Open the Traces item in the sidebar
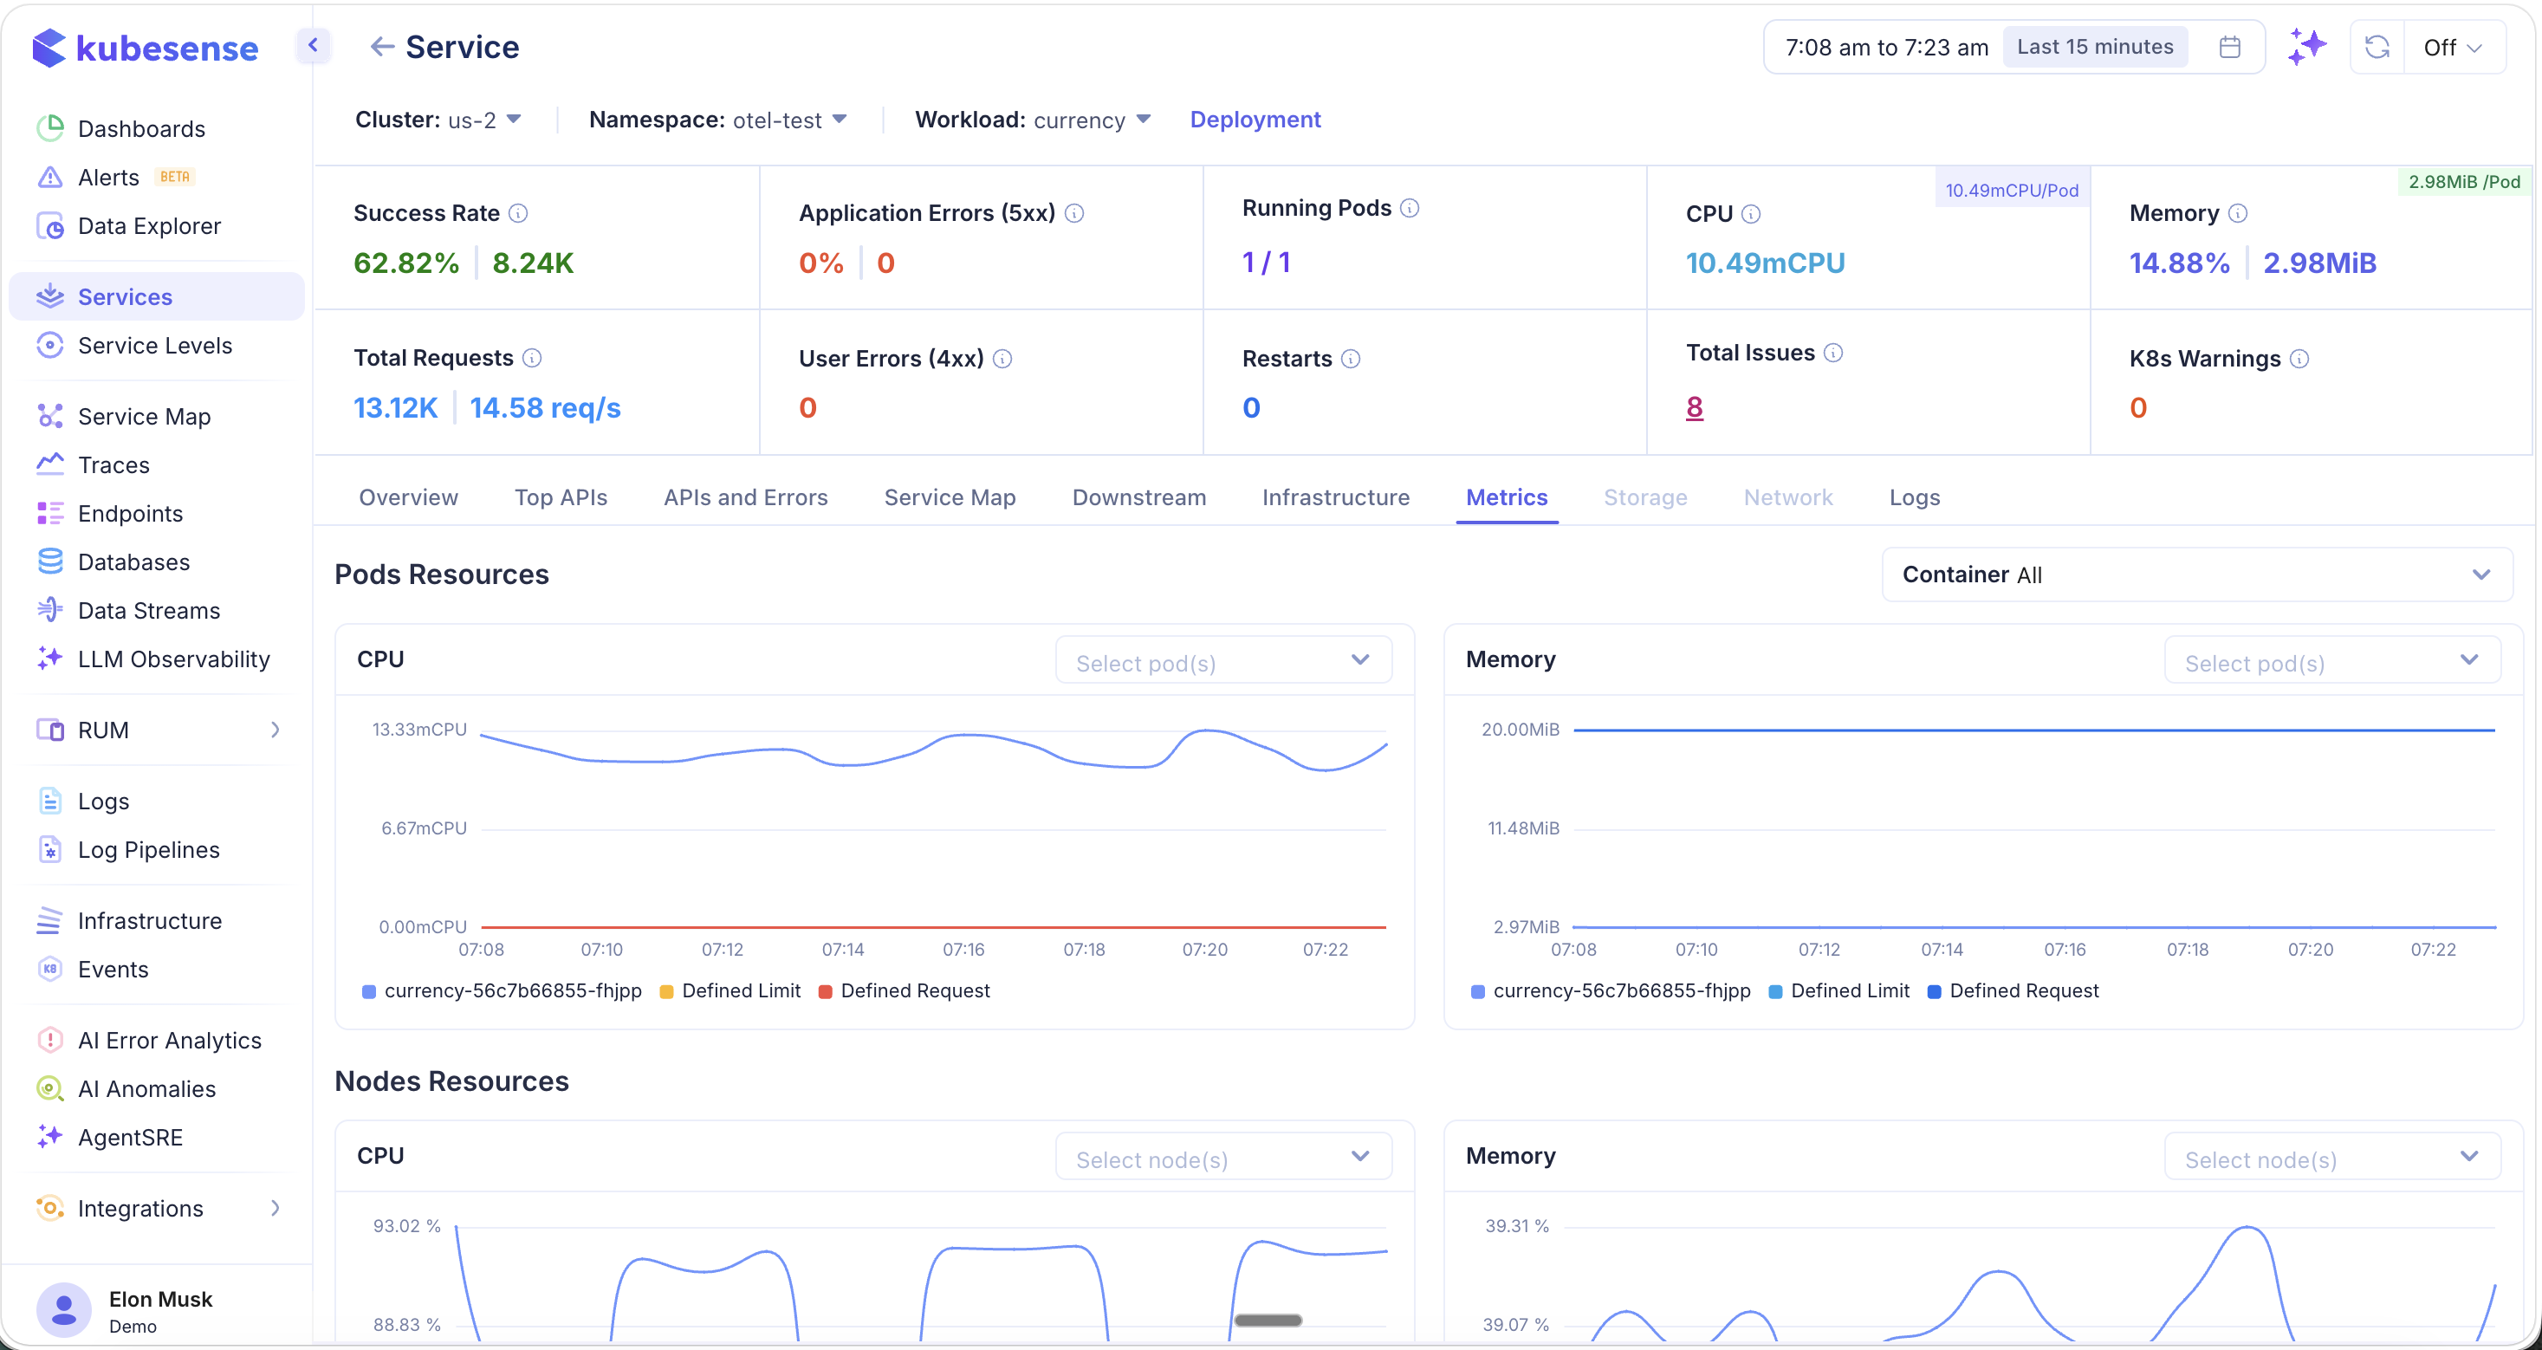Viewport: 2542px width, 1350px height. [x=113, y=464]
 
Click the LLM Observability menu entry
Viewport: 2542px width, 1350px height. [x=172, y=659]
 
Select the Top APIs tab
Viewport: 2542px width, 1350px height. [x=561, y=497]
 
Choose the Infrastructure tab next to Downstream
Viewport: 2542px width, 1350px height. [x=1335, y=497]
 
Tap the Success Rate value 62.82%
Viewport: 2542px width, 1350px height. [x=405, y=263]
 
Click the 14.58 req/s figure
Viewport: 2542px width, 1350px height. [x=545, y=407]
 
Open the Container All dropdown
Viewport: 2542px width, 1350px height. [x=2196, y=574]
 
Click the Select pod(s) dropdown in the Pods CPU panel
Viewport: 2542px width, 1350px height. [x=1222, y=662]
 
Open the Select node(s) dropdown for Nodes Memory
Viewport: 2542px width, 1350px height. [x=2331, y=1159]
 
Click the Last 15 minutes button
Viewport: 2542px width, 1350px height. [x=2094, y=48]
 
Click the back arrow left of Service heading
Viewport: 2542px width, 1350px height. [x=382, y=47]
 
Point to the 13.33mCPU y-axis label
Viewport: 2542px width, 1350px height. [x=419, y=730]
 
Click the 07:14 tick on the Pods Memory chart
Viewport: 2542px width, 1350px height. [x=1941, y=950]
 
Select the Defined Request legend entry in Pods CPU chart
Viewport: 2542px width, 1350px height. [x=914, y=990]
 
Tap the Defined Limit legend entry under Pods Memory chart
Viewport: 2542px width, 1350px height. [x=1848, y=990]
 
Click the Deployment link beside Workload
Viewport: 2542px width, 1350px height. [x=1255, y=120]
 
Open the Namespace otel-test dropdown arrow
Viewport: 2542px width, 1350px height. [x=840, y=120]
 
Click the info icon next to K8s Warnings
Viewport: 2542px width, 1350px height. [x=2299, y=360]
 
